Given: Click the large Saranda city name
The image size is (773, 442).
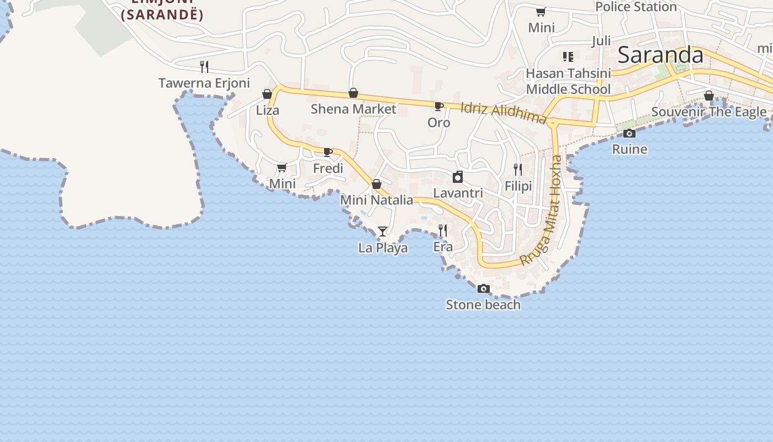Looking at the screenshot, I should [660, 55].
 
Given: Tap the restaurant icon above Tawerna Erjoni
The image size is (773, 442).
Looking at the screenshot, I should [204, 67].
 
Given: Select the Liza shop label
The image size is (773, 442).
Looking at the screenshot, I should [268, 110].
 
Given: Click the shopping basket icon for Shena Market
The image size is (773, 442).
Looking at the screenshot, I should [353, 93].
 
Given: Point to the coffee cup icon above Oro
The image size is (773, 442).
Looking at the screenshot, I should [438, 106].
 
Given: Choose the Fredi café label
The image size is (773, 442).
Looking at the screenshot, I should [328, 168].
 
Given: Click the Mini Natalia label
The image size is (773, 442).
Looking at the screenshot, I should [377, 200].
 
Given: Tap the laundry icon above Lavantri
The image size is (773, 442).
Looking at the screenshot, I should [458, 177].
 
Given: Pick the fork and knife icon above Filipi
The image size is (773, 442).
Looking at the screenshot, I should [518, 170].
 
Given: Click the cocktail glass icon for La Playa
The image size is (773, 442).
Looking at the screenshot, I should [383, 231].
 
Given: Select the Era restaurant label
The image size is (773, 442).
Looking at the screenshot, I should [443, 247].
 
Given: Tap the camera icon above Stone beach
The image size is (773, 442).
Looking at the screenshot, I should [483, 288].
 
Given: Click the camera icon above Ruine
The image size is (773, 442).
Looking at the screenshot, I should [629, 133].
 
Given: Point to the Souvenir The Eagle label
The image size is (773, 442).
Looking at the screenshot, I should [709, 112].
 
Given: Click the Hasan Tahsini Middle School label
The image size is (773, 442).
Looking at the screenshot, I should [568, 81].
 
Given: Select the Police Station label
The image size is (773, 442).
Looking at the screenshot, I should [636, 7].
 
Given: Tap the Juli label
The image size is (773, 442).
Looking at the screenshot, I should [601, 41].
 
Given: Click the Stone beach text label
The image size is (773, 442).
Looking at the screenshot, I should [483, 305].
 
